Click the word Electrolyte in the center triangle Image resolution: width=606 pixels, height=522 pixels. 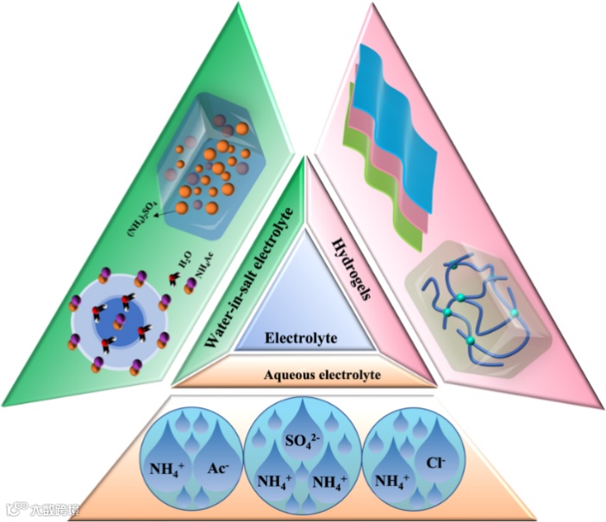tap(303, 338)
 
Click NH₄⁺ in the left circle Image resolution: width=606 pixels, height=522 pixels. tap(167, 469)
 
